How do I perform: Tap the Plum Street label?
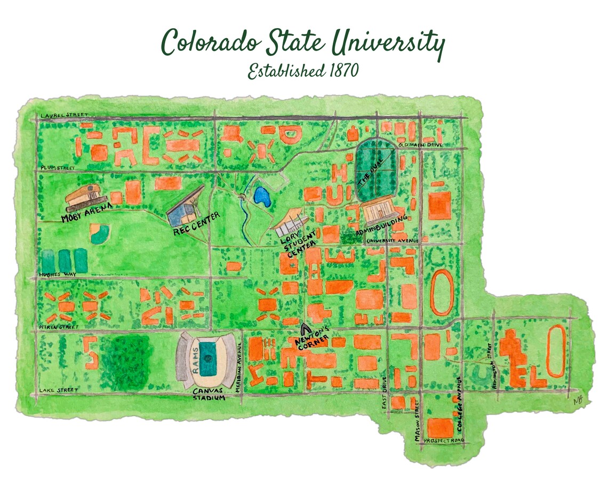tap(57, 167)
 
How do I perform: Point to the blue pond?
tap(262, 197)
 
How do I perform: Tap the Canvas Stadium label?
tap(208, 394)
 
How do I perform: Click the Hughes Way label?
tap(56, 275)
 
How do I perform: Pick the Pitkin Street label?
tap(59, 326)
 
